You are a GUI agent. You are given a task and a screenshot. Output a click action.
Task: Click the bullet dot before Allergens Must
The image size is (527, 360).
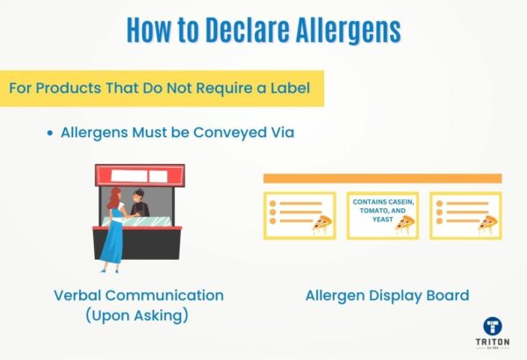50,133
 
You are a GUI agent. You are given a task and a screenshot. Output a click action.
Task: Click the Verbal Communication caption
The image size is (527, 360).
139,295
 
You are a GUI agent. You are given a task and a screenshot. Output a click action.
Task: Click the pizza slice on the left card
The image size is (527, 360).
323,224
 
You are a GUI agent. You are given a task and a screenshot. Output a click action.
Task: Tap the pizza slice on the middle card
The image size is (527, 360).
404,225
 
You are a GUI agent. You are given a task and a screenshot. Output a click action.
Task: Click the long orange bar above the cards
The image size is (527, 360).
382,178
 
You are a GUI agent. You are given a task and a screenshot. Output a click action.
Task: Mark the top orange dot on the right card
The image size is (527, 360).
438,204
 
